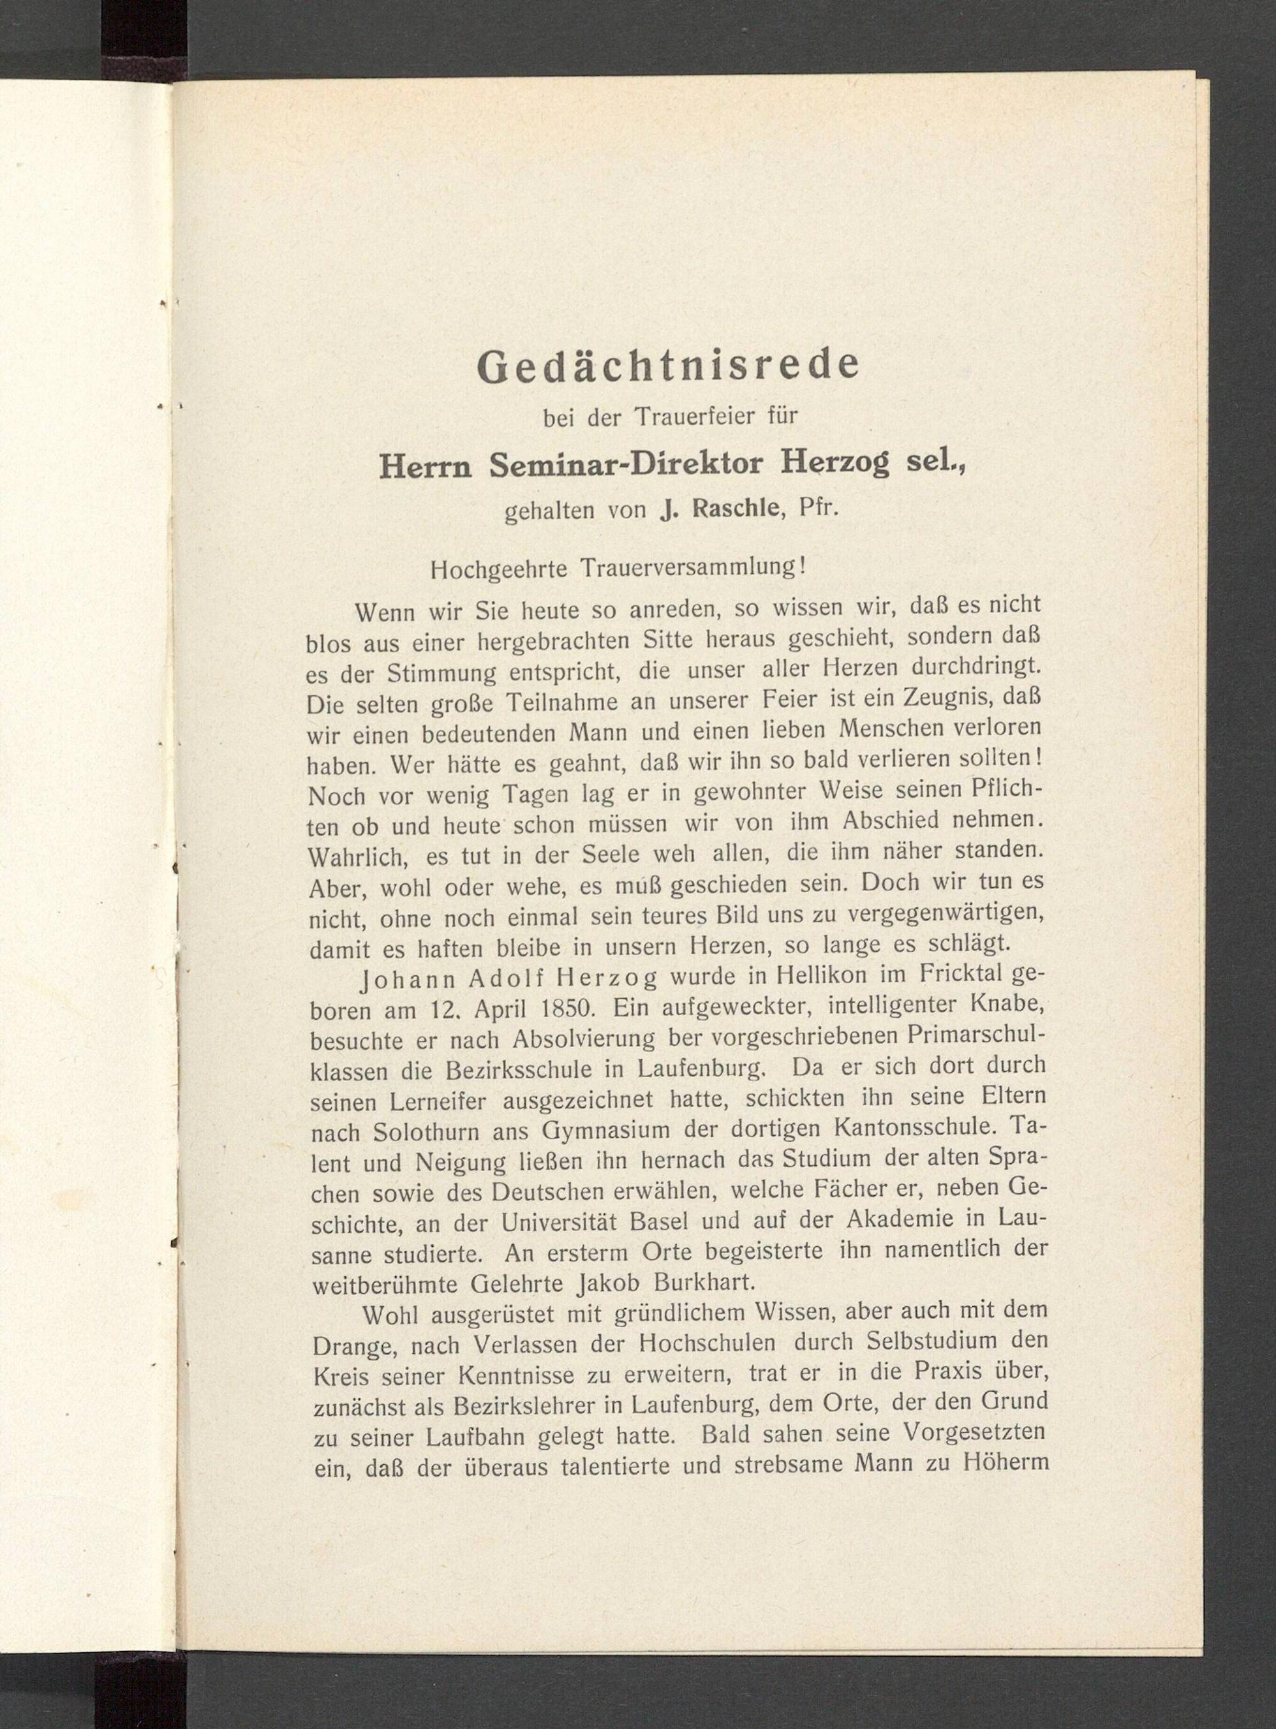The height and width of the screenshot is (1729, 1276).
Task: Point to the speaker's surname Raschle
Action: pyautogui.click(x=725, y=511)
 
